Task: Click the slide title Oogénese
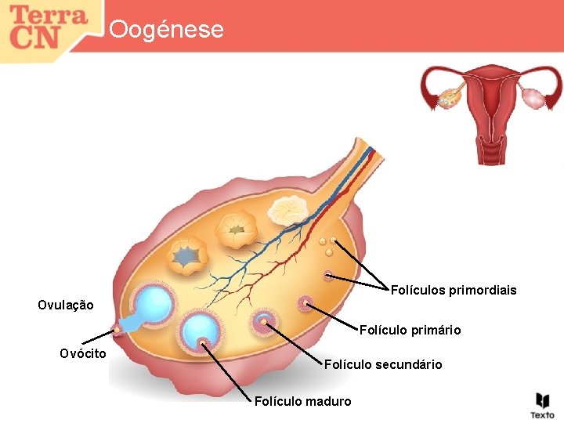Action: point(166,30)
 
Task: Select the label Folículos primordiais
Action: point(454,291)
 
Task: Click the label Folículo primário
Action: point(410,331)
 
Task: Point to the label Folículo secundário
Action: point(383,364)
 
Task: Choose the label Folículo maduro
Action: point(302,401)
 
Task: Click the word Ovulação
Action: point(66,305)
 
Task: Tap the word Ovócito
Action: point(83,353)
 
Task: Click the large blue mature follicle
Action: point(201,334)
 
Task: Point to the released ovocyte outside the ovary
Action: point(117,330)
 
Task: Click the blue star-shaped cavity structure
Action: point(189,255)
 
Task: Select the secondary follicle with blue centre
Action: point(266,320)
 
